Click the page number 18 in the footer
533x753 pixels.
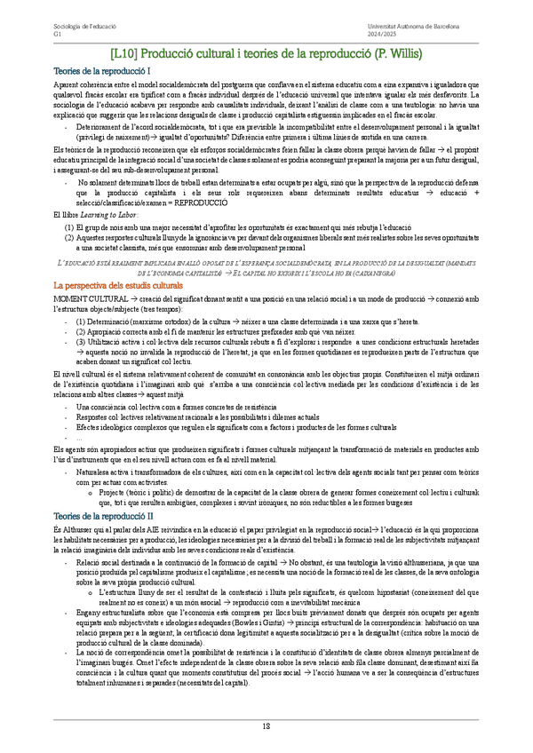[x=266, y=726]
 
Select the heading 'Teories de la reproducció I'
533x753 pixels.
[x=102, y=70]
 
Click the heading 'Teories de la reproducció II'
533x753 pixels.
[x=104, y=515]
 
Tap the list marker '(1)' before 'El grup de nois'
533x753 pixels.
[x=68, y=227]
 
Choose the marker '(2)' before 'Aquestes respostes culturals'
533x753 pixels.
[x=68, y=238]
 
